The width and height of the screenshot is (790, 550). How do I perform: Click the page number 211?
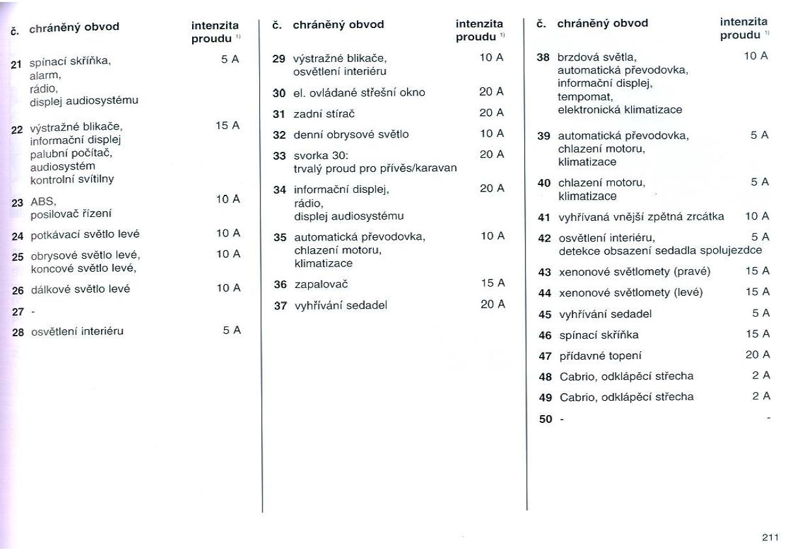pyautogui.click(x=770, y=538)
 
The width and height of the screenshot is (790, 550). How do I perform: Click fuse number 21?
pyautogui.click(x=16, y=63)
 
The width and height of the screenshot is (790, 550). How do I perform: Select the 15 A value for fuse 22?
pyautogui.click(x=227, y=125)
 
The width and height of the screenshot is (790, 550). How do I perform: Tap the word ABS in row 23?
pyautogui.click(x=44, y=201)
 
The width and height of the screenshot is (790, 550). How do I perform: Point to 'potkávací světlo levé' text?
pyautogui.click(x=85, y=234)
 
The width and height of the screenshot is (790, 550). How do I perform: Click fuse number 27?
pyautogui.click(x=18, y=311)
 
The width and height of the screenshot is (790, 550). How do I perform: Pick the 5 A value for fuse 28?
pyautogui.click(x=231, y=330)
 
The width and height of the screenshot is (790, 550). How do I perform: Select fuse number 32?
pyautogui.click(x=279, y=134)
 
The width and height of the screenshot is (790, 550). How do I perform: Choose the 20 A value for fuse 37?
pyautogui.click(x=492, y=304)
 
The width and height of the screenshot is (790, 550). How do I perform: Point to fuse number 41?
pyautogui.click(x=544, y=217)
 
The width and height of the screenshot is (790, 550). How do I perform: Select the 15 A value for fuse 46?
pyautogui.click(x=757, y=334)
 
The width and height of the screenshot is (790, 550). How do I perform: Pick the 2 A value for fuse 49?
pyautogui.click(x=761, y=396)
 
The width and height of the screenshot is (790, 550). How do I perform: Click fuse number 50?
pyautogui.click(x=545, y=419)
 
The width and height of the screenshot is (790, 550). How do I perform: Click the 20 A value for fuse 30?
pyautogui.click(x=491, y=92)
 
